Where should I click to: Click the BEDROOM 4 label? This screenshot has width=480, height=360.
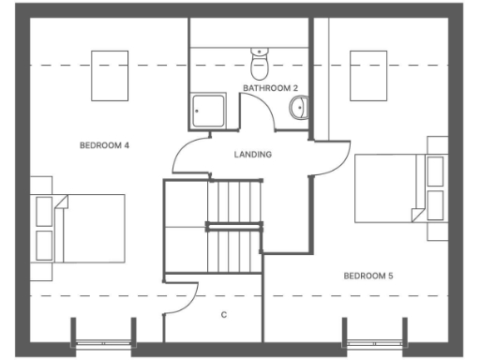click(x=104, y=145)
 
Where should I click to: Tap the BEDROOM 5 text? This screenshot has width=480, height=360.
click(x=367, y=276)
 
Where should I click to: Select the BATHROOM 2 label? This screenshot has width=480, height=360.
click(x=270, y=88)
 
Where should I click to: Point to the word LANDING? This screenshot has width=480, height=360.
click(x=253, y=155)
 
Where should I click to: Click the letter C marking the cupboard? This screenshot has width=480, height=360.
click(x=223, y=315)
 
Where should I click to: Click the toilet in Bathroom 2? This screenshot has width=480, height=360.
click(x=260, y=65)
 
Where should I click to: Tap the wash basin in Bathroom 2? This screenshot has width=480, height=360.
click(x=298, y=108)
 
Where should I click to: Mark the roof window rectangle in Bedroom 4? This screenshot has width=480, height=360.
click(x=110, y=74)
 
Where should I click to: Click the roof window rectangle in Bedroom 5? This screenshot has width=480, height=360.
click(x=368, y=73)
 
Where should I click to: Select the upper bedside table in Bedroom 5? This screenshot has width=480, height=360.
click(x=435, y=171)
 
